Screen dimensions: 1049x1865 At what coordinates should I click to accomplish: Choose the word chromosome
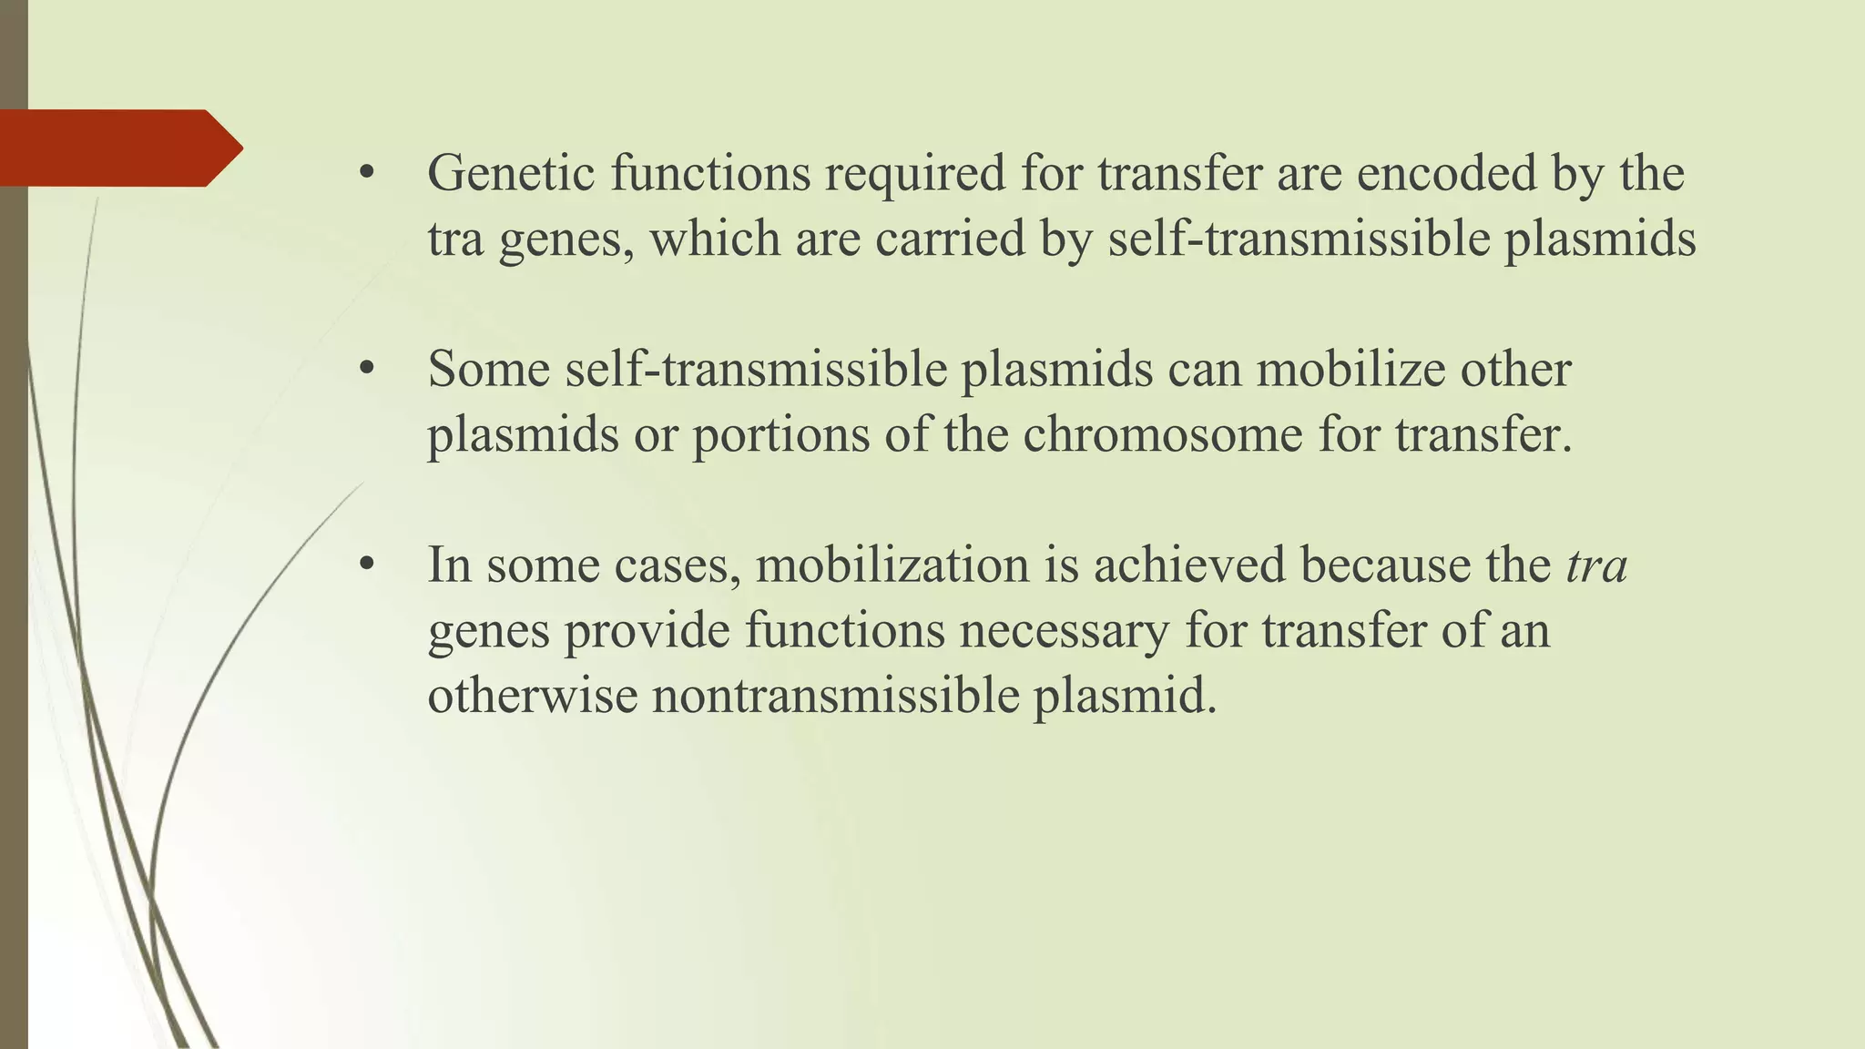pos(1163,434)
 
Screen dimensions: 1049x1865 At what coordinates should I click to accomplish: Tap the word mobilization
pos(892,565)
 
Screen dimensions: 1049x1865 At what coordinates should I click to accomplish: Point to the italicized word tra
pos(1596,565)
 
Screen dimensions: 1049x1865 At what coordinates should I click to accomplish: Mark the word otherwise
pos(532,696)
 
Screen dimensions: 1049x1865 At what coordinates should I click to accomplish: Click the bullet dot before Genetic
pos(367,174)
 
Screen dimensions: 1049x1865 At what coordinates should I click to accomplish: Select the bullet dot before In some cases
pos(367,565)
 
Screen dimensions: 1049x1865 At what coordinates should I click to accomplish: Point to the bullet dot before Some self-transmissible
pos(367,370)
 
